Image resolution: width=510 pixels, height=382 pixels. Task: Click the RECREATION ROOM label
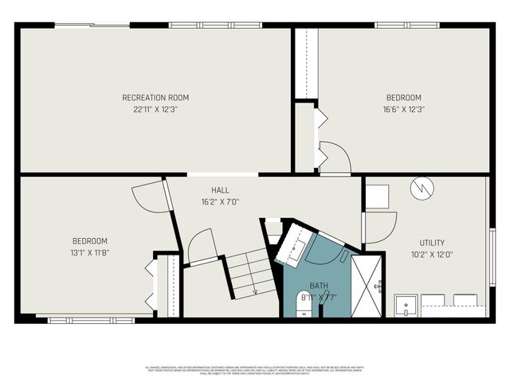click(155, 98)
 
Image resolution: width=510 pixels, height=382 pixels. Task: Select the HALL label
click(221, 190)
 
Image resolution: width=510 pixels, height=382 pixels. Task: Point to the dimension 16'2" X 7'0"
click(221, 201)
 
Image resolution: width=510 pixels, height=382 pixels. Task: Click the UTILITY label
click(433, 243)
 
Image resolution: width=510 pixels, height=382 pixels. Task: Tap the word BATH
click(319, 285)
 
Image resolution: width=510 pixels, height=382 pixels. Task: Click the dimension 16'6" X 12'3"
click(402, 109)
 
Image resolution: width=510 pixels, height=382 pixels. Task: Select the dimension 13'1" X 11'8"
click(90, 252)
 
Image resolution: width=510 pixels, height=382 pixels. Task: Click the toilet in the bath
click(304, 304)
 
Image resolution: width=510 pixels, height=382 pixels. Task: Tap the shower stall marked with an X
click(367, 285)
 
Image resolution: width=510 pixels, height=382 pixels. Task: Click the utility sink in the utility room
click(406, 305)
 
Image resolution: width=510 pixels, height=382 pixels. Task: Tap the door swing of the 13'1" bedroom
click(149, 196)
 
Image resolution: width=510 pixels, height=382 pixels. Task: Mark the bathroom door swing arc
click(328, 249)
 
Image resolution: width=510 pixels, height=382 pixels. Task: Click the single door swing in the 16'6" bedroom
click(335, 157)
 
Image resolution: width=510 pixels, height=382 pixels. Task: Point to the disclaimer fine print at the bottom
click(255, 370)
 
